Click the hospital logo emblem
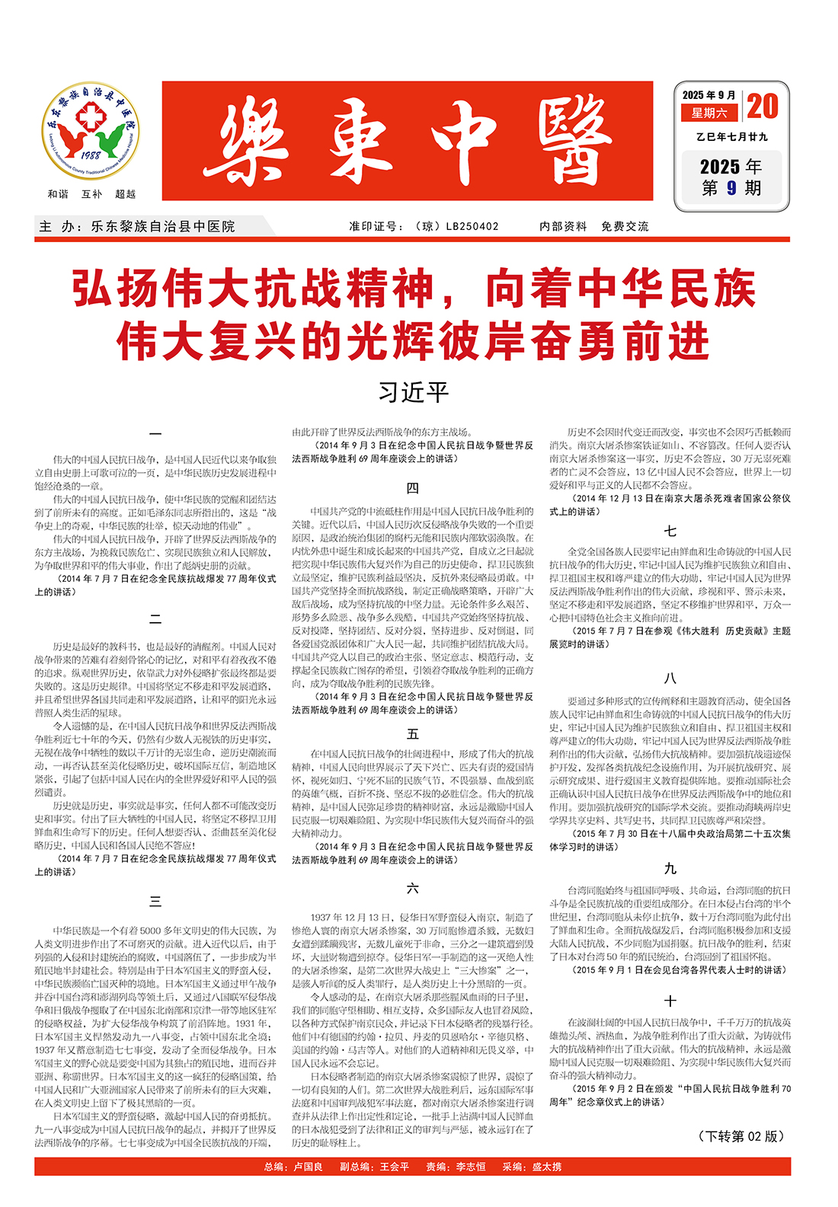91,131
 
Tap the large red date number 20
763,107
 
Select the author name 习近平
414,392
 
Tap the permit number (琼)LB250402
457,226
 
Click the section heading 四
412,488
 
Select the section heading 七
670,531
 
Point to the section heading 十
670,1001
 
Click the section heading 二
155,619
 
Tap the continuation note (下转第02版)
741,1136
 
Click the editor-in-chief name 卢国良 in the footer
309,1167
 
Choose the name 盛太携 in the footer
546,1167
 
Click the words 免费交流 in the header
625,226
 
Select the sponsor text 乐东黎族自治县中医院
163,226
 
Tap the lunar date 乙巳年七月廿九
731,137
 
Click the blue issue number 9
731,187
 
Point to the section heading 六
412,888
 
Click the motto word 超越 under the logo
125,194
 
